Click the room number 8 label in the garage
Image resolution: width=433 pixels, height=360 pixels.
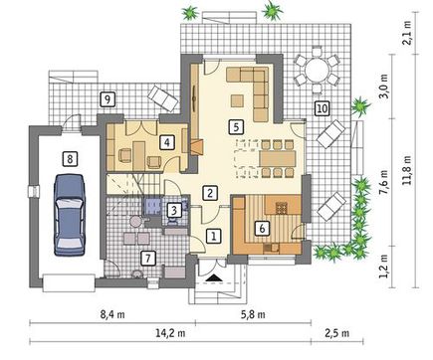tap(70, 159)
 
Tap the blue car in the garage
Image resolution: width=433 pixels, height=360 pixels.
tap(70, 215)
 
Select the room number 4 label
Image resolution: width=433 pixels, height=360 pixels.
tap(166, 142)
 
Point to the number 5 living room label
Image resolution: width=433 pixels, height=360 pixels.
tap(236, 127)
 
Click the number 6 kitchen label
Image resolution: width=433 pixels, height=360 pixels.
tap(262, 228)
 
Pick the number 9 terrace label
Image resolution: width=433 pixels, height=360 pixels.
tap(107, 99)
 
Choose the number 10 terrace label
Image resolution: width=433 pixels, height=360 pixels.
tap(322, 108)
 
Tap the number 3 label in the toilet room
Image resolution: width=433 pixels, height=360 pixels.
tap(174, 210)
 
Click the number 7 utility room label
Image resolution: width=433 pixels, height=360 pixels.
tap(148, 258)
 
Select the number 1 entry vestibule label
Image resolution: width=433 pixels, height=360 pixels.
tap(214, 236)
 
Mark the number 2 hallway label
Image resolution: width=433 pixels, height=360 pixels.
tap(210, 193)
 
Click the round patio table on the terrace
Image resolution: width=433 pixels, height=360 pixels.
tap(317, 70)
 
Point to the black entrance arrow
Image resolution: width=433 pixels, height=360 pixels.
tap(214, 277)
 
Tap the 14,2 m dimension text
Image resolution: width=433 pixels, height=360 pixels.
tap(170, 333)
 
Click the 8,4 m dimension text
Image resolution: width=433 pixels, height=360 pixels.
tap(112, 314)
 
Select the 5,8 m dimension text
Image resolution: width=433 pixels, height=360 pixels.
tap(253, 314)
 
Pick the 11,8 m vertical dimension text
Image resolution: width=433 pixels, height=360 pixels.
tap(407, 170)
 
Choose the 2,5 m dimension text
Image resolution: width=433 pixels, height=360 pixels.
tap(336, 333)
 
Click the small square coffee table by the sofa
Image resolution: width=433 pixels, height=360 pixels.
tap(237, 100)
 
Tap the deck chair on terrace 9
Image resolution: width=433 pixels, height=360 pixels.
tap(163, 97)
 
